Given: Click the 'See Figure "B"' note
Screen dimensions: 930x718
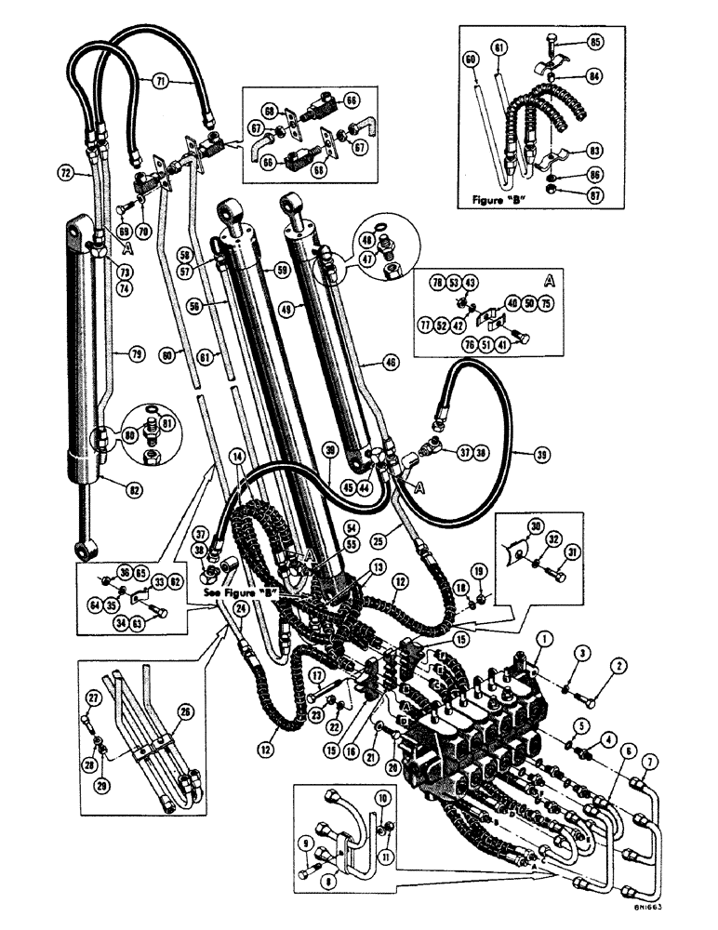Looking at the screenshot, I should (240, 591).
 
